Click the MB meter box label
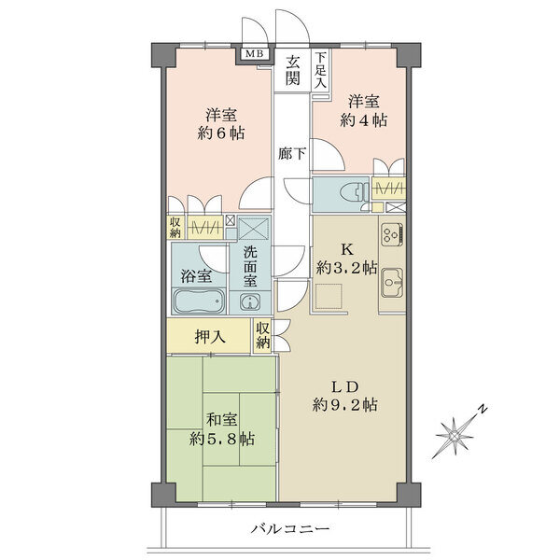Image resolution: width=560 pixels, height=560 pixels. click(x=255, y=54)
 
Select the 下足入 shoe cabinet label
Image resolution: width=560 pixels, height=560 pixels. click(x=321, y=70)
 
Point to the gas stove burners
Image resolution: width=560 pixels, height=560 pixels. click(x=392, y=234)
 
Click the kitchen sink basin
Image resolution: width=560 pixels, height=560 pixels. click(x=391, y=283)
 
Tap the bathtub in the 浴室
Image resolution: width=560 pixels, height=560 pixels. click(x=199, y=301)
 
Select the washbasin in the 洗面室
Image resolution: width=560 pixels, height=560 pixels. click(x=249, y=302)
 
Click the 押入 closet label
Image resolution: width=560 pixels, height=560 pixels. click(x=210, y=336)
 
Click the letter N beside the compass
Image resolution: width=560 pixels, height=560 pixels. click(x=483, y=409)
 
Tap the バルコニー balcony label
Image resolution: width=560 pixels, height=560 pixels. click(x=289, y=528)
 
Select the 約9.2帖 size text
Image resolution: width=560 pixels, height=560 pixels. click(x=344, y=405)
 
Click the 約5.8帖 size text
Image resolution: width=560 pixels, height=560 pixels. click(x=221, y=439)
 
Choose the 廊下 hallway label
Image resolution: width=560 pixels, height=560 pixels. click(x=292, y=154)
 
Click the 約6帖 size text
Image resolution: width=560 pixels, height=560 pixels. click(x=221, y=133)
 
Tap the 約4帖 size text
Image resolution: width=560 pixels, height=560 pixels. click(x=364, y=120)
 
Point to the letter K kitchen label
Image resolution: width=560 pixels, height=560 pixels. click(x=346, y=249)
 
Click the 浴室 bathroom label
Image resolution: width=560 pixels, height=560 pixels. click(x=196, y=275)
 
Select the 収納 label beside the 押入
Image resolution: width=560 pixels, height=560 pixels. click(x=263, y=335)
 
